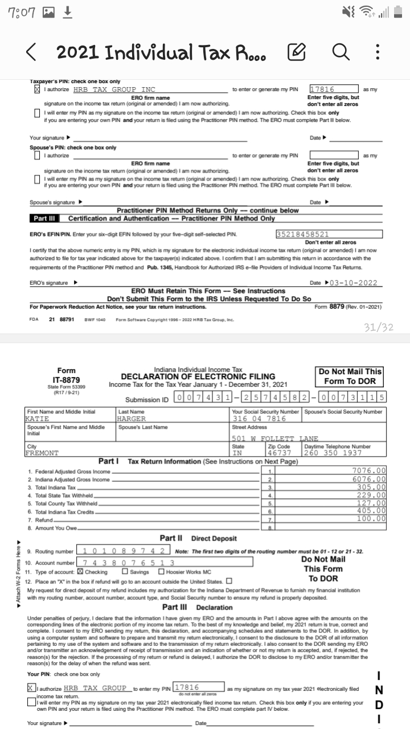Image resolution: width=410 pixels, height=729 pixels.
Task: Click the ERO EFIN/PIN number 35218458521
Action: coord(302,234)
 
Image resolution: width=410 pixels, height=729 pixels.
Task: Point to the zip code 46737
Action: coord(280,453)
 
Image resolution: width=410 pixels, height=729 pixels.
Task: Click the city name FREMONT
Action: coord(43,453)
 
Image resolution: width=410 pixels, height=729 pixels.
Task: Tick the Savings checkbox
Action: coord(125,572)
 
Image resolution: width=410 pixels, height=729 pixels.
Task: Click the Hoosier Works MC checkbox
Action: coord(161,572)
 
